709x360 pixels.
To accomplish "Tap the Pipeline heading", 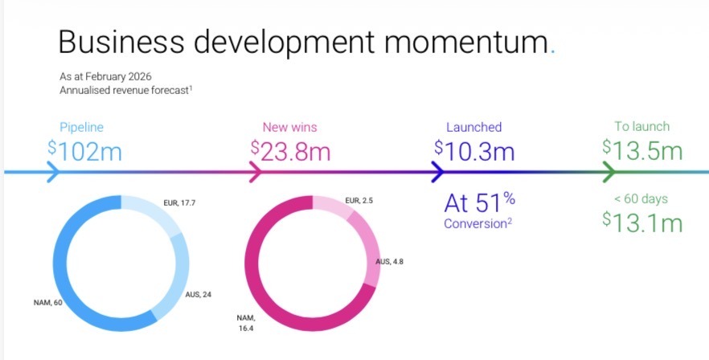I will coord(81,127).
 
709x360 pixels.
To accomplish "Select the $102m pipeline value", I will coord(84,150).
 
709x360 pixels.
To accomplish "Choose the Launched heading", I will coord(473,127).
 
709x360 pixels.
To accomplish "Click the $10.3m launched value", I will coord(473,150).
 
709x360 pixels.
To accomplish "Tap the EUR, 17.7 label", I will coord(178,204).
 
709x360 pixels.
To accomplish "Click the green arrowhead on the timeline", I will coord(609,172).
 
